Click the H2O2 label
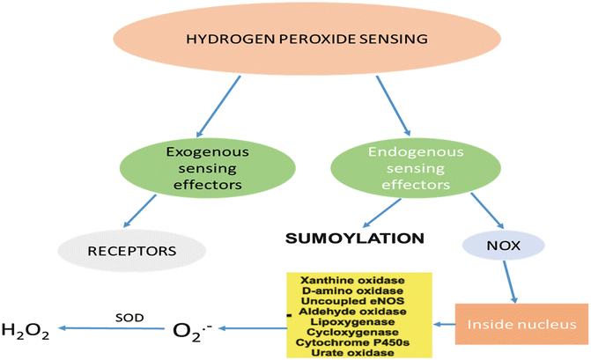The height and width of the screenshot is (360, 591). [26, 331]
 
